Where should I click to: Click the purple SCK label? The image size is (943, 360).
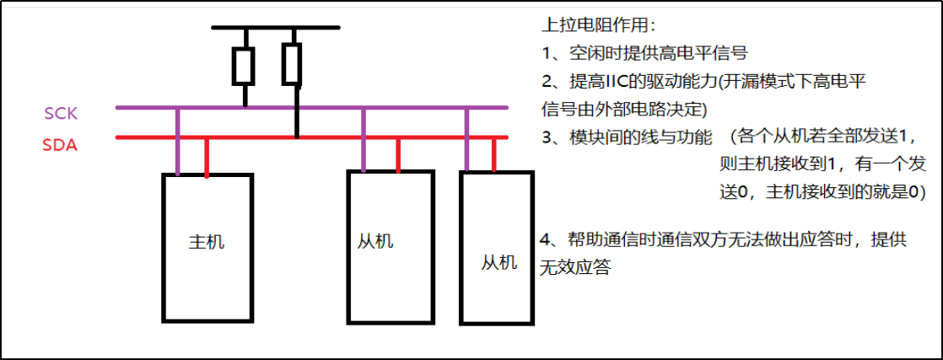coord(61,113)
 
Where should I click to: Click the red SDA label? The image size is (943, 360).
coord(60,145)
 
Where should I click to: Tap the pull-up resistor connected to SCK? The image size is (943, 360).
coord(245,66)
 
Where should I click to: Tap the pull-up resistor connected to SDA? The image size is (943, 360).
coord(293,65)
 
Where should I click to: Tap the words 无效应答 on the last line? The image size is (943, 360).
coord(574,268)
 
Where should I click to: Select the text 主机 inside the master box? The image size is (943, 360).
coord(206,242)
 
